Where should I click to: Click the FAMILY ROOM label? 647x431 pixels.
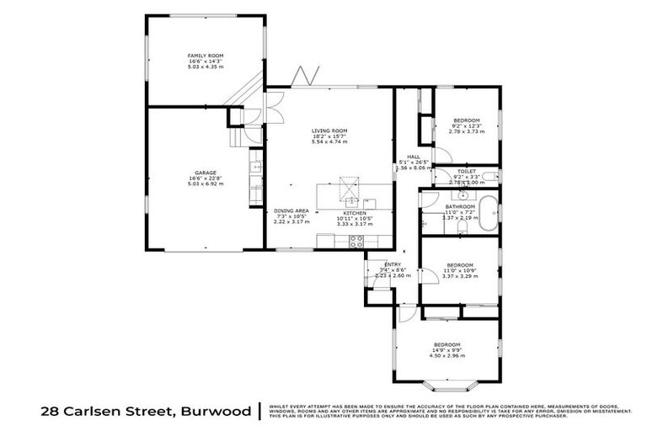tap(206, 56)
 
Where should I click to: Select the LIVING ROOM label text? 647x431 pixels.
tap(329, 131)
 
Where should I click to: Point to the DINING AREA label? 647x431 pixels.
tap(291, 210)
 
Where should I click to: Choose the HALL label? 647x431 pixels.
tap(414, 157)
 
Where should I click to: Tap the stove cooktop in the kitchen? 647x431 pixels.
tap(356, 242)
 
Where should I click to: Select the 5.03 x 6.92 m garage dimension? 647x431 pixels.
tap(206, 184)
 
